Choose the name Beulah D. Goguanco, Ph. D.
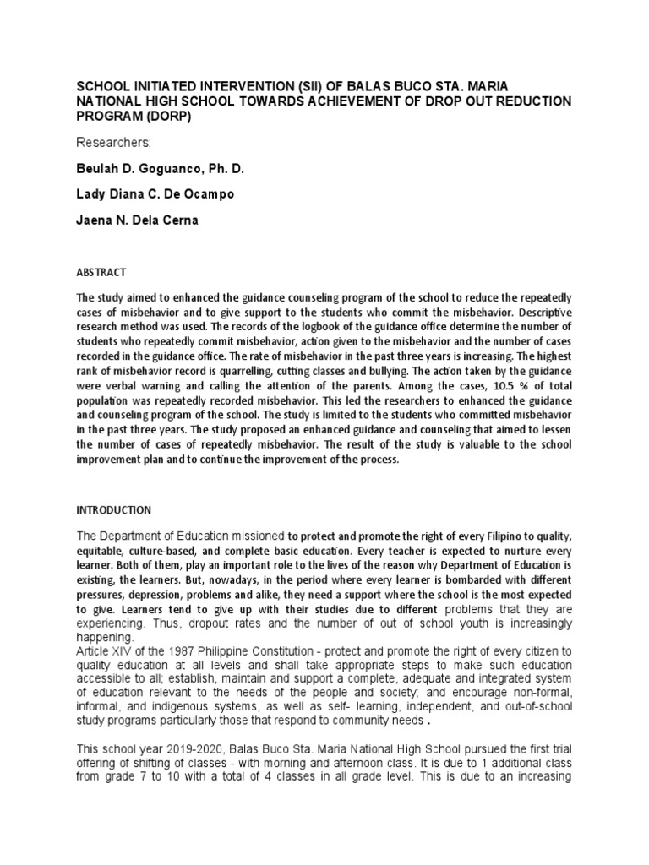tap(161, 169)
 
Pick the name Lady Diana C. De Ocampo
tap(155, 194)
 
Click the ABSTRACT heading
tap(101, 272)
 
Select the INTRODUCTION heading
tap(114, 510)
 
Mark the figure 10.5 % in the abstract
tap(490, 399)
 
